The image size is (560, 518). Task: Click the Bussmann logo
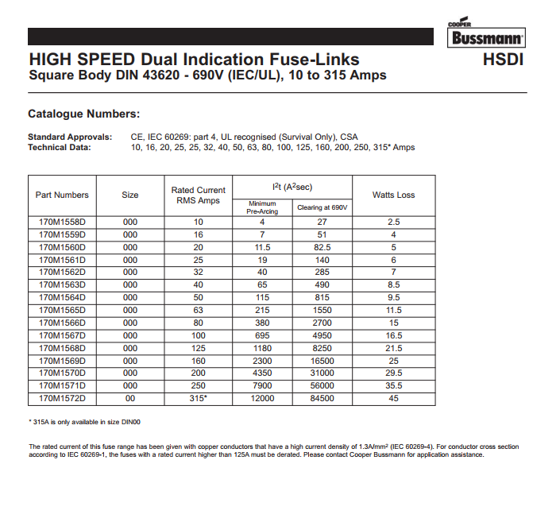(487, 36)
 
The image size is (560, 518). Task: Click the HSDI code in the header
(503, 60)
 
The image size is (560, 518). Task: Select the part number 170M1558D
(62, 222)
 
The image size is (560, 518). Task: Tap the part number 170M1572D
(62, 398)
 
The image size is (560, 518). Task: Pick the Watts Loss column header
(393, 195)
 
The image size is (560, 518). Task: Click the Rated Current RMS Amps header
(198, 195)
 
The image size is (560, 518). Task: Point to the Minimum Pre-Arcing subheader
(262, 207)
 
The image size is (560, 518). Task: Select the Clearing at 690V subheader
(322, 207)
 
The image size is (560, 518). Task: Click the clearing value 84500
(322, 398)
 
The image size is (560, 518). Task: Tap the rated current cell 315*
(198, 398)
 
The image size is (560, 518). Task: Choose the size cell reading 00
(130, 398)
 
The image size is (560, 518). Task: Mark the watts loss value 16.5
(393, 335)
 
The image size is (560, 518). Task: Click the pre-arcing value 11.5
(262, 247)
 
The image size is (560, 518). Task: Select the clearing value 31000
(322, 373)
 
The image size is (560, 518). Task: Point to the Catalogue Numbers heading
(83, 114)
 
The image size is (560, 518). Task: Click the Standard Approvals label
(70, 137)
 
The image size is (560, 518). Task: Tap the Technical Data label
(60, 147)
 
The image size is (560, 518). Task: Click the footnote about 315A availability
(90, 421)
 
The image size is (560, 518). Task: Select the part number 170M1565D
(62, 310)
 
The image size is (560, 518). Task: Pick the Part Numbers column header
(62, 195)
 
